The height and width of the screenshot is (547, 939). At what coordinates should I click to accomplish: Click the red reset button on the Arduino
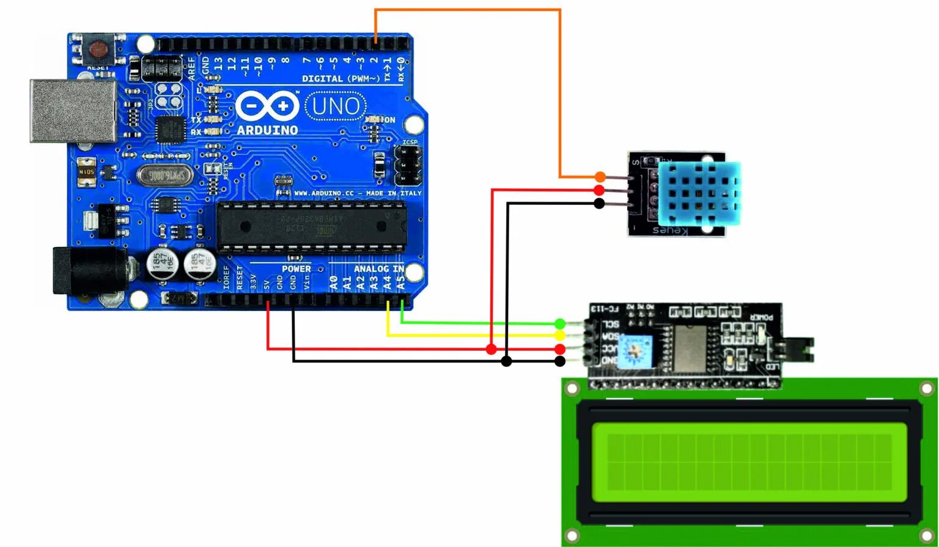click(97, 48)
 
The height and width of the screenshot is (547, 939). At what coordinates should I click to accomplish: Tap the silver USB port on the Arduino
click(73, 111)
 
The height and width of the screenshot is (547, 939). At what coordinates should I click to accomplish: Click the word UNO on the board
click(336, 106)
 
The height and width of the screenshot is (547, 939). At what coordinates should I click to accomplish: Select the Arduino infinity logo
click(267, 106)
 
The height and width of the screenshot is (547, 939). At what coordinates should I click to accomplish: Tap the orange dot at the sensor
click(600, 177)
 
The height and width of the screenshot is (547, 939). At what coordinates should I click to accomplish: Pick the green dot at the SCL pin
click(560, 323)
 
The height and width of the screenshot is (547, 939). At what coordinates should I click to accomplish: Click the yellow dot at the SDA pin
click(560, 336)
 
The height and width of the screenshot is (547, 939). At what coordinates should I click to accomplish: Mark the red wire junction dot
click(491, 349)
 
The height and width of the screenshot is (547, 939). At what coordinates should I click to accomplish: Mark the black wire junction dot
click(506, 361)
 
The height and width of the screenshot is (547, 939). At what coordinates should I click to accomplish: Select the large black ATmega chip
click(312, 226)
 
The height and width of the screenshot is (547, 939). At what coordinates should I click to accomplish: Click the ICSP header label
click(410, 142)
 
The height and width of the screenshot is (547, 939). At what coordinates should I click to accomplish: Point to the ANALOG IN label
click(378, 269)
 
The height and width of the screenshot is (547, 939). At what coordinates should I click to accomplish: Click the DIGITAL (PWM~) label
click(341, 79)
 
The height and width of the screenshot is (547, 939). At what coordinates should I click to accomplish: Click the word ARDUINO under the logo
click(267, 130)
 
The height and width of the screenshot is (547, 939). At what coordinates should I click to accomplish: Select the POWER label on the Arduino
click(296, 269)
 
